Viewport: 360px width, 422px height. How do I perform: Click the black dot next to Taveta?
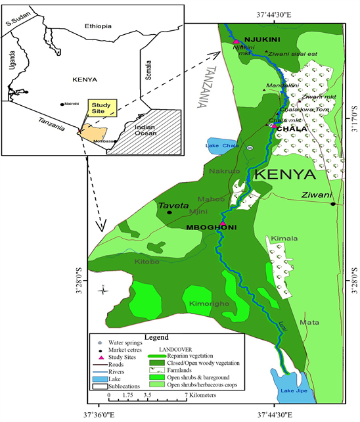pyautogui.click(x=169, y=212)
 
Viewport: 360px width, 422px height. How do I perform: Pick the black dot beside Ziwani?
pyautogui.click(x=333, y=204)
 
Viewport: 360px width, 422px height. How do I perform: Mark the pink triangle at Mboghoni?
pyautogui.click(x=223, y=224)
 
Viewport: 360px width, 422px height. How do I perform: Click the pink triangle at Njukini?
pyautogui.click(x=235, y=42)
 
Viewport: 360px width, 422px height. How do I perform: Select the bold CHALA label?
pyautogui.click(x=292, y=129)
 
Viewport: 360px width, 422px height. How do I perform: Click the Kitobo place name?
pyautogui.click(x=147, y=262)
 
